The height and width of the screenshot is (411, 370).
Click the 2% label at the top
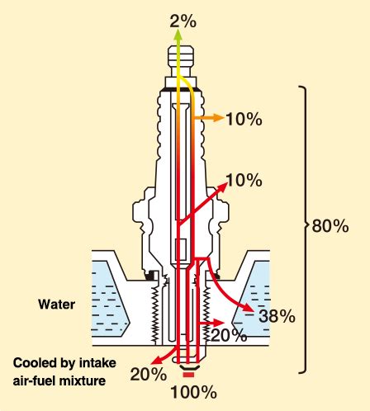[183, 21]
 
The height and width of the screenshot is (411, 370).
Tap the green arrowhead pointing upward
[178, 35]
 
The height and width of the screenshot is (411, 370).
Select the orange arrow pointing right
[208, 118]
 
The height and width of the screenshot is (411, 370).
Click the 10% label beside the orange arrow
[244, 120]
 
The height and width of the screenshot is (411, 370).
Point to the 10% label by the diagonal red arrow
[244, 181]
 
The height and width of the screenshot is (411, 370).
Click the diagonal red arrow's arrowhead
[221, 187]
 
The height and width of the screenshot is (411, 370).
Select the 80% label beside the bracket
[330, 226]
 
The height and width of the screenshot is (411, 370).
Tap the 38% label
[277, 316]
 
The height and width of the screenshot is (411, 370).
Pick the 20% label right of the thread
[229, 335]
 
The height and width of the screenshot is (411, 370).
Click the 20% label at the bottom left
[149, 375]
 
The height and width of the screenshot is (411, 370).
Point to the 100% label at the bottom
[193, 392]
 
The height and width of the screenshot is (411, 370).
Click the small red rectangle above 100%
[188, 375]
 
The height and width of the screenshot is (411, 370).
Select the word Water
[57, 305]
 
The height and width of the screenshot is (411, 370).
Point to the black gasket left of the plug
[151, 275]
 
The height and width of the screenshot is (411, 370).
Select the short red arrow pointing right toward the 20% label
[211, 323]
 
